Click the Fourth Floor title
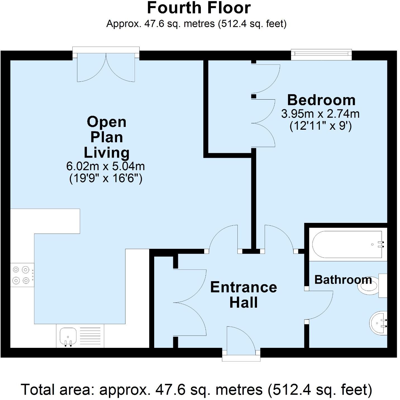click(199, 8)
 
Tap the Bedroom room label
click(321, 100)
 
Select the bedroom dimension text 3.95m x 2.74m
click(320, 114)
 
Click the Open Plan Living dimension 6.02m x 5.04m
click(105, 166)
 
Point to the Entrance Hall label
click(244, 295)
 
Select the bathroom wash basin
click(378, 323)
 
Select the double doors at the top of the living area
click(106, 66)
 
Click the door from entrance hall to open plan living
click(223, 239)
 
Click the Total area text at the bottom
click(196, 390)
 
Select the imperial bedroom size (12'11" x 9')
click(320, 126)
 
